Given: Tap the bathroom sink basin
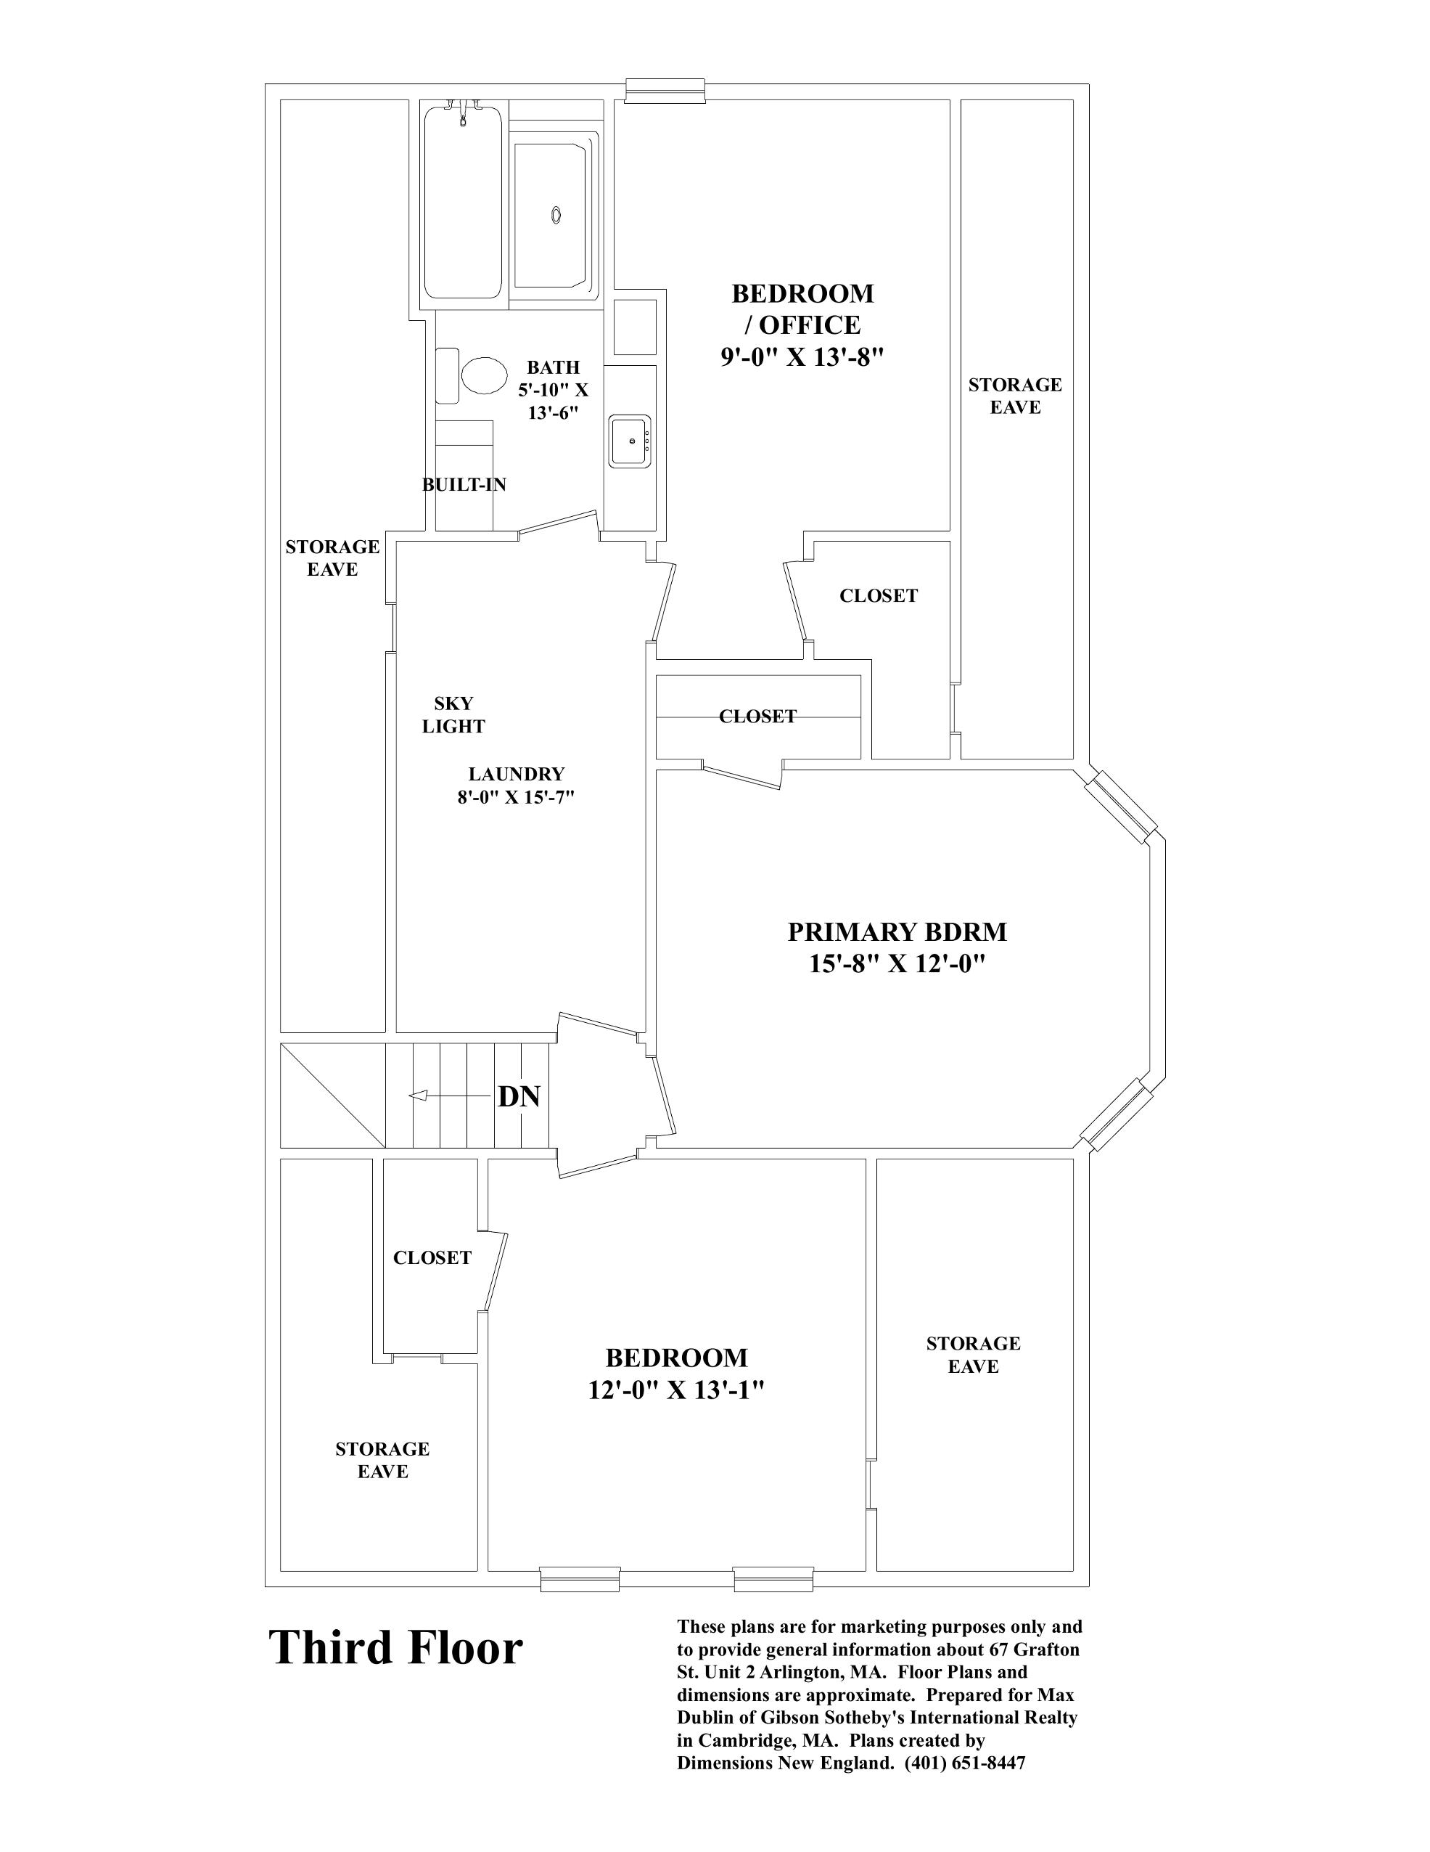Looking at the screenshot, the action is pyautogui.click(x=629, y=440).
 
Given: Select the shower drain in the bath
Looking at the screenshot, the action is pyautogui.click(x=556, y=216).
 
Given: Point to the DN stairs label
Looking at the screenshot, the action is pyautogui.click(x=519, y=1096).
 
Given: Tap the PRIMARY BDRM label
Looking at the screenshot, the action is pyautogui.click(x=897, y=932).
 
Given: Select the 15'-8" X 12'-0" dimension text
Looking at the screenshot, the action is pyautogui.click(x=897, y=964).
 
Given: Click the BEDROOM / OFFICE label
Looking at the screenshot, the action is pyautogui.click(x=802, y=309).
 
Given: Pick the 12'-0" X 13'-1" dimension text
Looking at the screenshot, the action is pyautogui.click(x=676, y=1391).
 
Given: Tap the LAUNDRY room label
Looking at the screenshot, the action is pyautogui.click(x=517, y=774).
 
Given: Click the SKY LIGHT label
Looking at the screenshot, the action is pyautogui.click(x=453, y=715).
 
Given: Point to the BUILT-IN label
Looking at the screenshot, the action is pyautogui.click(x=464, y=485).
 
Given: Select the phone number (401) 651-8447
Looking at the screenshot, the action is pyautogui.click(x=965, y=1763).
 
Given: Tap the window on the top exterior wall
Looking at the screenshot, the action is pyautogui.click(x=665, y=90).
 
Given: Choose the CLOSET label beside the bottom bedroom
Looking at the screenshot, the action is pyautogui.click(x=432, y=1257).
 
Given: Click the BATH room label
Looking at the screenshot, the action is pyautogui.click(x=553, y=367).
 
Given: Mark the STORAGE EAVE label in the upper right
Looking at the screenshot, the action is pyautogui.click(x=1015, y=396).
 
